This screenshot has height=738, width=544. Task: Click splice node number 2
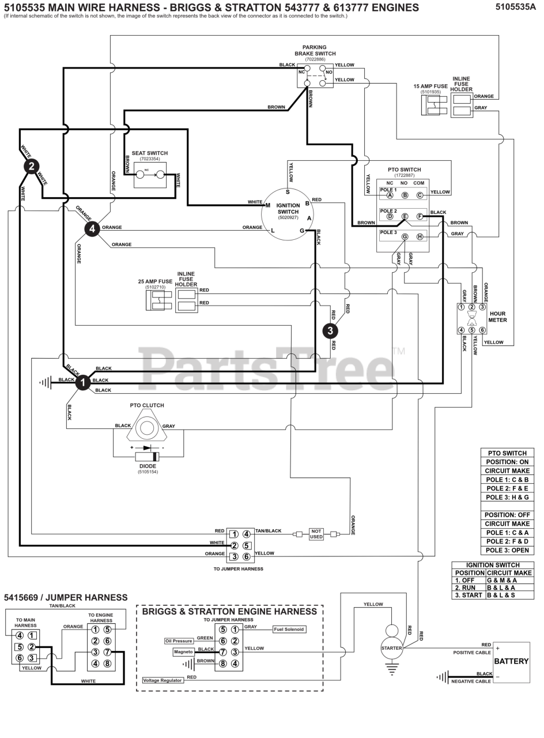[x=31, y=167]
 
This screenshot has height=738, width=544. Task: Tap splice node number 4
[x=92, y=229]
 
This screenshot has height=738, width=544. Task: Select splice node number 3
[x=330, y=330]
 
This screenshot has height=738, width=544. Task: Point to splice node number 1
[x=83, y=382]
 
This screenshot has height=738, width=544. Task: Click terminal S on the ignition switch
[x=288, y=192]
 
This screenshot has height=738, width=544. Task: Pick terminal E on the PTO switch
[x=405, y=216]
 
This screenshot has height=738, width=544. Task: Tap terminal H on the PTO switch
[x=420, y=237]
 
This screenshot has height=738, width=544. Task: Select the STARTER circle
[x=391, y=648]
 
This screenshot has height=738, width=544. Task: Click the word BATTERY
[x=511, y=661]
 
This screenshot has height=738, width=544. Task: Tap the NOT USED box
[x=316, y=534]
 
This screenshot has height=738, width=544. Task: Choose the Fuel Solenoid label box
[x=289, y=629]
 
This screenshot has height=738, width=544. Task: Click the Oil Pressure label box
[x=179, y=641]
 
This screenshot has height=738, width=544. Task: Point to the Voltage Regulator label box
[x=163, y=680]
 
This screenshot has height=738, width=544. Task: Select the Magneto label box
[x=184, y=652]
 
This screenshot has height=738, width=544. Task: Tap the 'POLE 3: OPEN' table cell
[x=507, y=550]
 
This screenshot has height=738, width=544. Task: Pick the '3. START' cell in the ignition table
[x=469, y=595]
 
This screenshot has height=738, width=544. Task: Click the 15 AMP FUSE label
[x=430, y=86]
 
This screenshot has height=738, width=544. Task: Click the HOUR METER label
[x=498, y=317]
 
